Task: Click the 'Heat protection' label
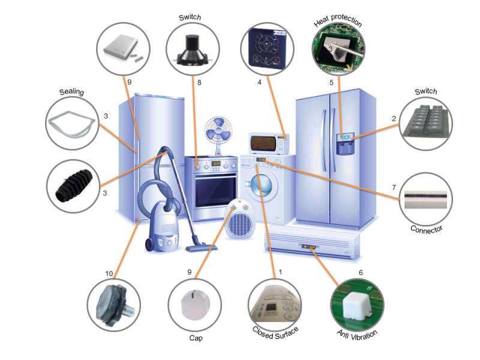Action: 338,22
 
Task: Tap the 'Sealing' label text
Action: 71,92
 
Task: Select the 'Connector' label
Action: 427,229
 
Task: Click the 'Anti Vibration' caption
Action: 358,332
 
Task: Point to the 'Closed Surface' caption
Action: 275,331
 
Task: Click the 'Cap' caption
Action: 196,338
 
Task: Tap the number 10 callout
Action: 109,274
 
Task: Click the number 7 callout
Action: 393,188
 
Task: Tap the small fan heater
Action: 239,220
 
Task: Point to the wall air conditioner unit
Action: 312,243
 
